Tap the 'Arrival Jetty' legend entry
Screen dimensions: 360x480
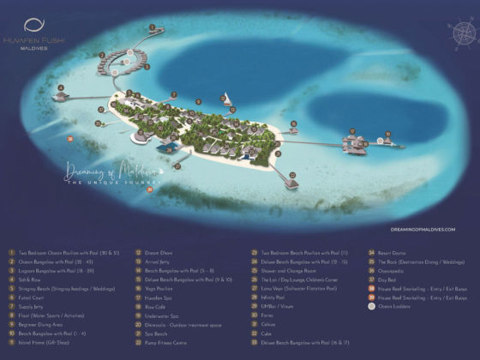pos(156,262)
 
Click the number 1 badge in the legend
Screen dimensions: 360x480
pos(11,254)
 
